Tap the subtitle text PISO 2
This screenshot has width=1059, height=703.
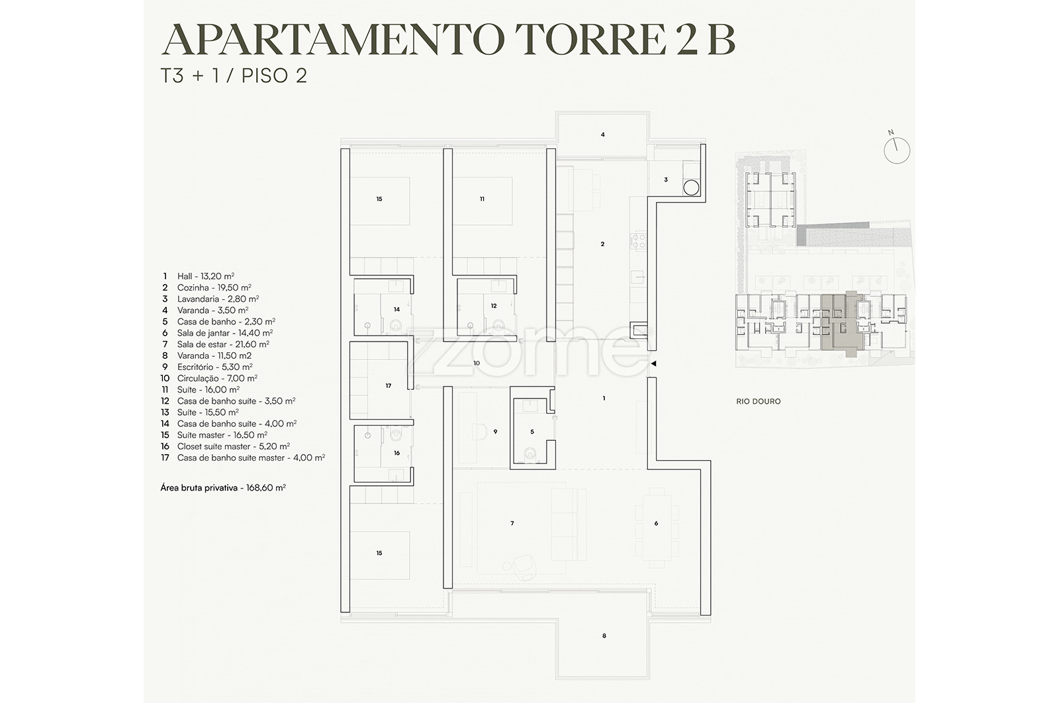pyautogui.click(x=274, y=75)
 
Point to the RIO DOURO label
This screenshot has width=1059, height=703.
pyautogui.click(x=759, y=401)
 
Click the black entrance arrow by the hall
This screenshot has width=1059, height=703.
pyautogui.click(x=653, y=363)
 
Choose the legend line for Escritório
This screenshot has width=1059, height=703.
pyautogui.click(x=207, y=367)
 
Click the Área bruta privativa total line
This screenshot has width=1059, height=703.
pyautogui.click(x=223, y=487)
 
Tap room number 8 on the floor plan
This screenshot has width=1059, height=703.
pyautogui.click(x=604, y=636)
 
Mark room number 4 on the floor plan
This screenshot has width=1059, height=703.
pyautogui.click(x=603, y=135)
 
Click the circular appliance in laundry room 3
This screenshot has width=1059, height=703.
pyautogui.click(x=691, y=188)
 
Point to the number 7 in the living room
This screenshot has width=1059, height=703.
pyautogui.click(x=512, y=524)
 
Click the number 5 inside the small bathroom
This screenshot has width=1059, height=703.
pyautogui.click(x=532, y=432)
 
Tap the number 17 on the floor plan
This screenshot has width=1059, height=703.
pyautogui.click(x=388, y=386)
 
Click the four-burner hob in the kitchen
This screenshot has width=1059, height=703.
pyautogui.click(x=639, y=240)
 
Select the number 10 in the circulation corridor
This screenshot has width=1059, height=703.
pyautogui.click(x=477, y=363)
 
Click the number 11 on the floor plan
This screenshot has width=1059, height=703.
pyautogui.click(x=483, y=199)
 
